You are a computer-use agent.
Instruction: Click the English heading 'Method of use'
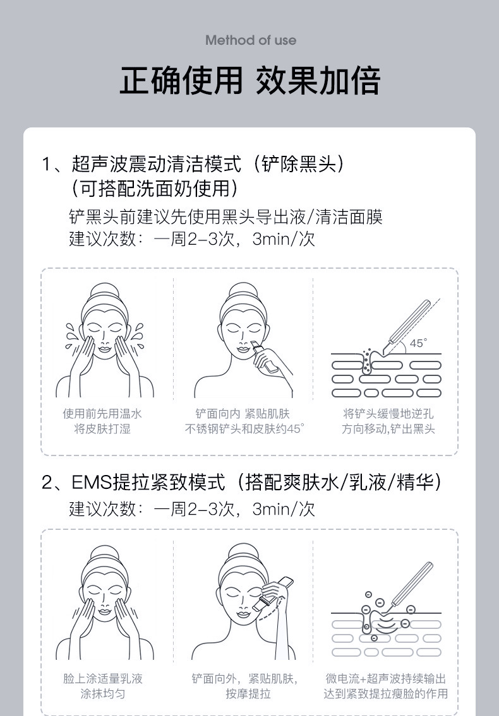point(250,40)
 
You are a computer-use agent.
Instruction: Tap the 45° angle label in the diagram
point(418,343)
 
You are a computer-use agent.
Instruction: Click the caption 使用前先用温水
point(102,414)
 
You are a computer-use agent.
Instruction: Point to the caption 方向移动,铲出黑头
point(388,430)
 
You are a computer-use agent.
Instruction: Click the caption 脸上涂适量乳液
point(102,679)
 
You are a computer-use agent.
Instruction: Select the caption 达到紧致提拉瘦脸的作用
point(386,694)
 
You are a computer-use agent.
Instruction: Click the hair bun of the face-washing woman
point(102,293)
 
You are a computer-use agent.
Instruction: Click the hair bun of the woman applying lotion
point(102,555)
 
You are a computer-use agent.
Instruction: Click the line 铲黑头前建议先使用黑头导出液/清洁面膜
point(225,218)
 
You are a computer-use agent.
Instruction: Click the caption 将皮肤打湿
point(102,430)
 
